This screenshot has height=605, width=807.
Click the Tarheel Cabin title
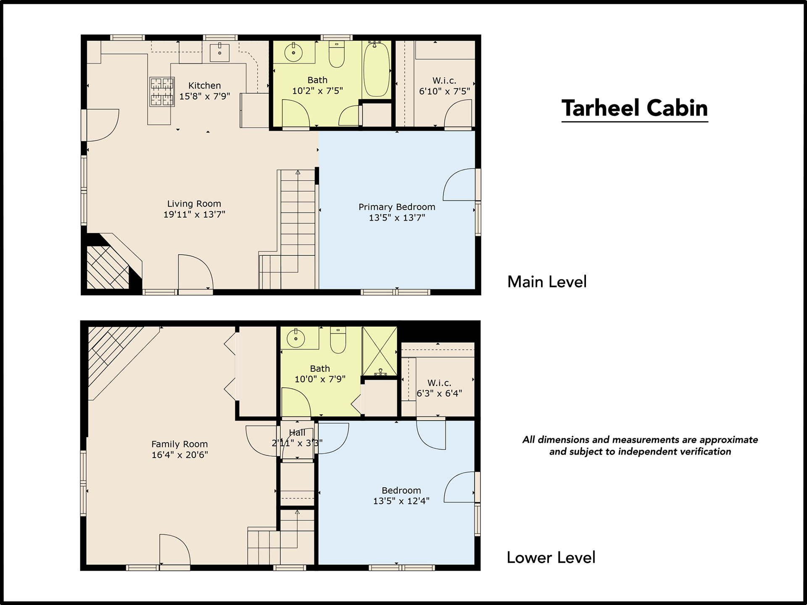(x=635, y=108)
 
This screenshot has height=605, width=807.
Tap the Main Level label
(x=547, y=281)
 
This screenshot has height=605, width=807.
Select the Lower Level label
(x=551, y=558)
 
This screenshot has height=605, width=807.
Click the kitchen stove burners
(x=162, y=92)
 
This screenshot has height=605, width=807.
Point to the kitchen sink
(x=219, y=53)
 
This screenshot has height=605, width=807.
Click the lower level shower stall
(x=380, y=351)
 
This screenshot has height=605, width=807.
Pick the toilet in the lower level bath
(x=338, y=341)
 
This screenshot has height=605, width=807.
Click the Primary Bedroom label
(x=397, y=207)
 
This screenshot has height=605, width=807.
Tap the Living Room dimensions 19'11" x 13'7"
(x=194, y=214)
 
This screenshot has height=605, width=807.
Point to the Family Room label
(x=179, y=444)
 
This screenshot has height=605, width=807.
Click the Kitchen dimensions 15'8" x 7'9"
(x=205, y=96)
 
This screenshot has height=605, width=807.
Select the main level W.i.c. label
(x=444, y=80)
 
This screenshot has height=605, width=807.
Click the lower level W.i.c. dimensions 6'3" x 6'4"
(x=439, y=393)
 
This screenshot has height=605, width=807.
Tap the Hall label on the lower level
(x=297, y=433)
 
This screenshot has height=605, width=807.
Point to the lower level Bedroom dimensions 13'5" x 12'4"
(x=401, y=501)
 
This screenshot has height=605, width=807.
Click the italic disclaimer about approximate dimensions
(x=640, y=446)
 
